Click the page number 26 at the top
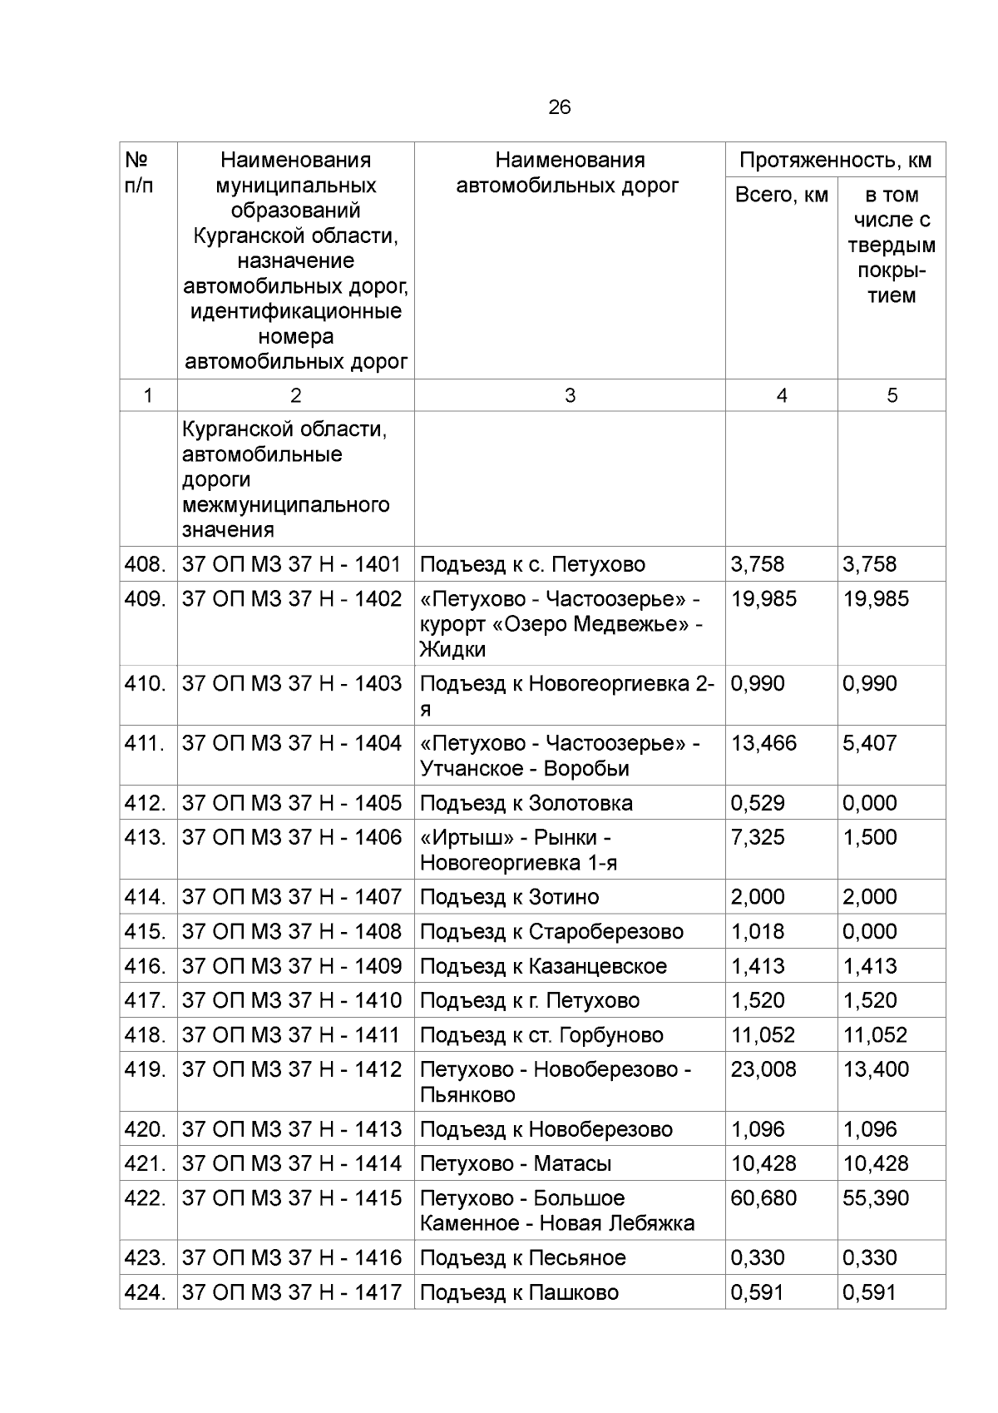pyautogui.click(x=559, y=107)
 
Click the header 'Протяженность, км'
pyautogui.click(x=835, y=160)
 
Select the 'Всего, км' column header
pyautogui.click(x=781, y=195)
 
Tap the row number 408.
pyautogui.click(x=146, y=564)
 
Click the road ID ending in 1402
pyautogui.click(x=292, y=599)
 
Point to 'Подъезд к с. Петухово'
pyautogui.click(x=532, y=564)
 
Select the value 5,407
pyautogui.click(x=869, y=743)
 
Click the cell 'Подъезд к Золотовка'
pyautogui.click(x=526, y=803)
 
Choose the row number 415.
pyautogui.click(x=146, y=931)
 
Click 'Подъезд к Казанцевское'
pyautogui.click(x=543, y=966)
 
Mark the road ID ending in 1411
pyautogui.click(x=292, y=1035)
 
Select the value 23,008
pyautogui.click(x=763, y=1069)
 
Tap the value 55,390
pyautogui.click(x=876, y=1198)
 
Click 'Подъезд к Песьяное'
pyautogui.click(x=522, y=1257)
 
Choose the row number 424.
pyautogui.click(x=146, y=1292)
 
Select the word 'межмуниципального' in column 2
pyautogui.click(x=285, y=505)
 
